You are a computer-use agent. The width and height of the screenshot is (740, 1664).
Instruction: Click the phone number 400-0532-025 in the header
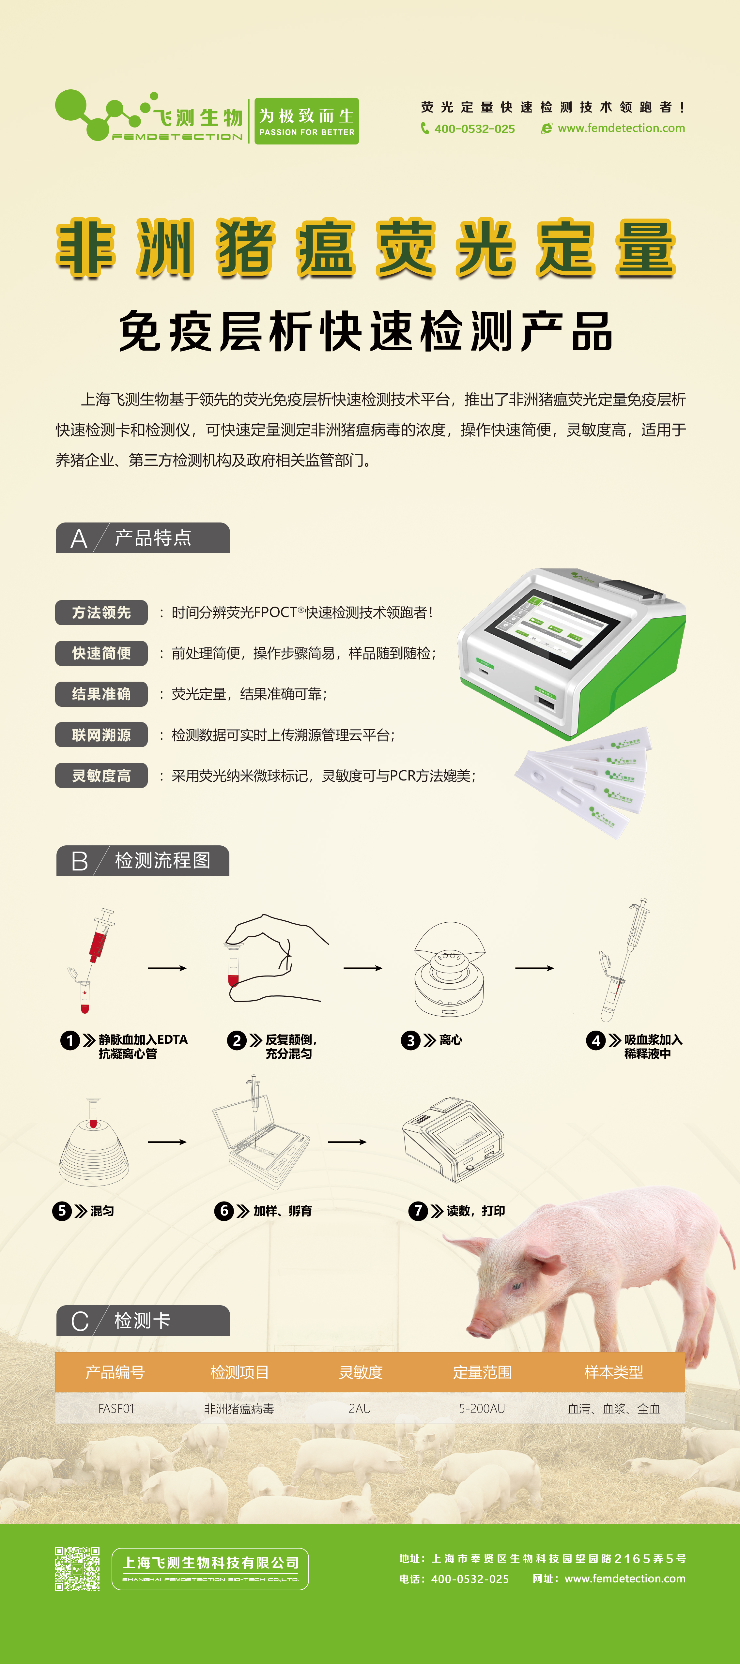point(474,129)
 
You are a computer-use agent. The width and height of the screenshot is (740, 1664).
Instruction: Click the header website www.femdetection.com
point(621,128)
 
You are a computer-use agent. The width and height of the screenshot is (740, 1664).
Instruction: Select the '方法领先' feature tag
point(101,613)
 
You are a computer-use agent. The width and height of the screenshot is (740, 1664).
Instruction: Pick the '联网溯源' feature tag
point(101,735)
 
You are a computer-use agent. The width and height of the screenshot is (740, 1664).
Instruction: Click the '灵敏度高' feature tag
point(101,776)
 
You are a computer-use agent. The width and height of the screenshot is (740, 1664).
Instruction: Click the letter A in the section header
point(79,539)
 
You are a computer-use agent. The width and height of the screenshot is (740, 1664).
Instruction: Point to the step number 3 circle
point(410,1041)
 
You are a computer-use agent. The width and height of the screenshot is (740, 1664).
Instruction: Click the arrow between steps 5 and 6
point(167,1142)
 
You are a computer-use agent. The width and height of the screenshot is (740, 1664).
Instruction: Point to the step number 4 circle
point(595,1041)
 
